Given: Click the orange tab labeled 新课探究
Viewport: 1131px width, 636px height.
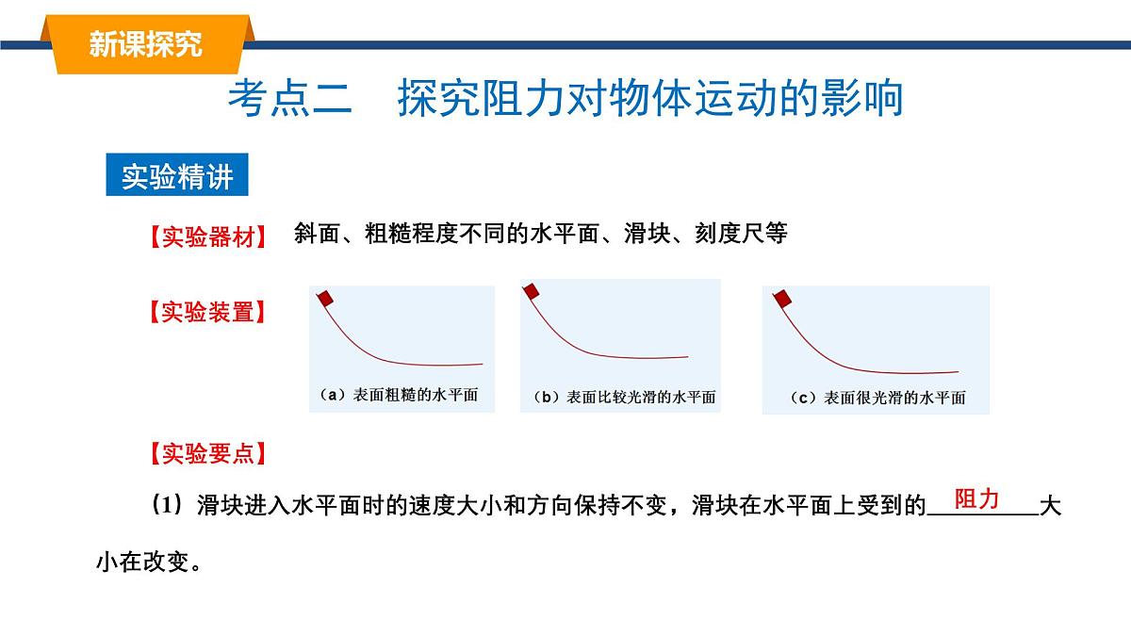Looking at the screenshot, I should [146, 43].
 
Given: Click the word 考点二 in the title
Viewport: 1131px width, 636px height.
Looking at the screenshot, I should [289, 98].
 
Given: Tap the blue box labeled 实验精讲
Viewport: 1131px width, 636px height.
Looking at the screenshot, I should [177, 176].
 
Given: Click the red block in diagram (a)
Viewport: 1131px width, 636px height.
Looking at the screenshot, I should [325, 299].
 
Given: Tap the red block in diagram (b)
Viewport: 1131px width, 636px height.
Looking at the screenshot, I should [532, 290].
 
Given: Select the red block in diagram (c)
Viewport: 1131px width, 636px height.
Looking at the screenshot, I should [781, 299].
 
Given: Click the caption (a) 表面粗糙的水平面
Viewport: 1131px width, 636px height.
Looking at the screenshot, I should [399, 396].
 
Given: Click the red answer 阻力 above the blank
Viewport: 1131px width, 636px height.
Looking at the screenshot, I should [976, 499].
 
